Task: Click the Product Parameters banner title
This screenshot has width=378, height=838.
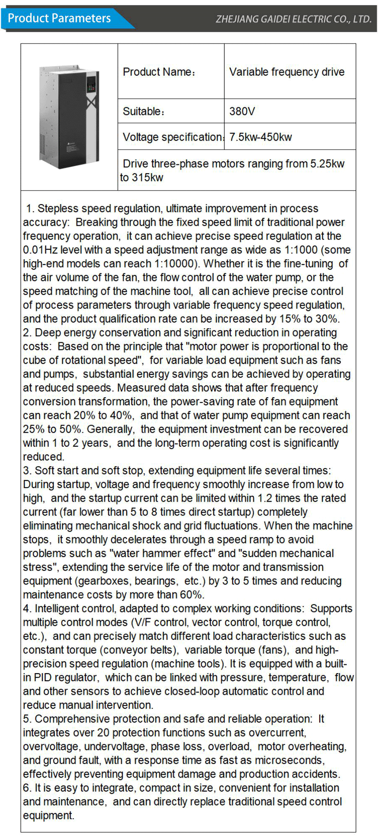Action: pos(59,18)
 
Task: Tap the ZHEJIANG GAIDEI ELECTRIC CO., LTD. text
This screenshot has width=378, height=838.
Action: pos(293,19)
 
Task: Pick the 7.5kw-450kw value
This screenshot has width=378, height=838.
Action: pos(260,137)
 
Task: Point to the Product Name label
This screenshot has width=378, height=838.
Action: pos(159,72)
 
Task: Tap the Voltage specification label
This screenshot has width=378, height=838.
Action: pos(172,137)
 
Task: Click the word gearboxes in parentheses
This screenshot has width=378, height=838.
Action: pos(104,581)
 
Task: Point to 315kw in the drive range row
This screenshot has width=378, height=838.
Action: pos(147,177)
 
